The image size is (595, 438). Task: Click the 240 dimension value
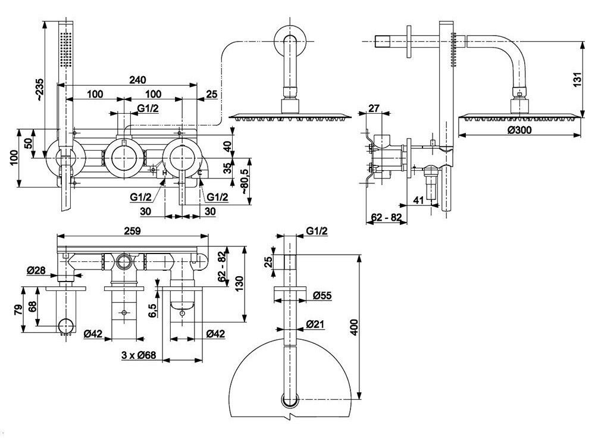point(137,80)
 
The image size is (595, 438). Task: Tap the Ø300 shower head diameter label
point(519,130)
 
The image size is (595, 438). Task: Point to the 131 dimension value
point(577,80)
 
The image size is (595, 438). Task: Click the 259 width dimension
point(132,230)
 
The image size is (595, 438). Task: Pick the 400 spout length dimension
point(353,327)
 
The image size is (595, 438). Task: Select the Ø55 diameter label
point(322,295)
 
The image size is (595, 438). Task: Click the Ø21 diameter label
point(315,324)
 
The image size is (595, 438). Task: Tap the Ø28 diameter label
point(36,270)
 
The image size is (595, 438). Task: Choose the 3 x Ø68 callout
point(139,356)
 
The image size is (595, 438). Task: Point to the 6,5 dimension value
point(152,310)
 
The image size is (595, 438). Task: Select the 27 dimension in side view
point(374,108)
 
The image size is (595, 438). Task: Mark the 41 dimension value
point(418,199)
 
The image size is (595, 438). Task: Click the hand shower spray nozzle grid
point(65,49)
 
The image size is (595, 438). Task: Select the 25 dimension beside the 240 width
point(212,94)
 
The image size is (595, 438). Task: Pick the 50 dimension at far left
point(28,143)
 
